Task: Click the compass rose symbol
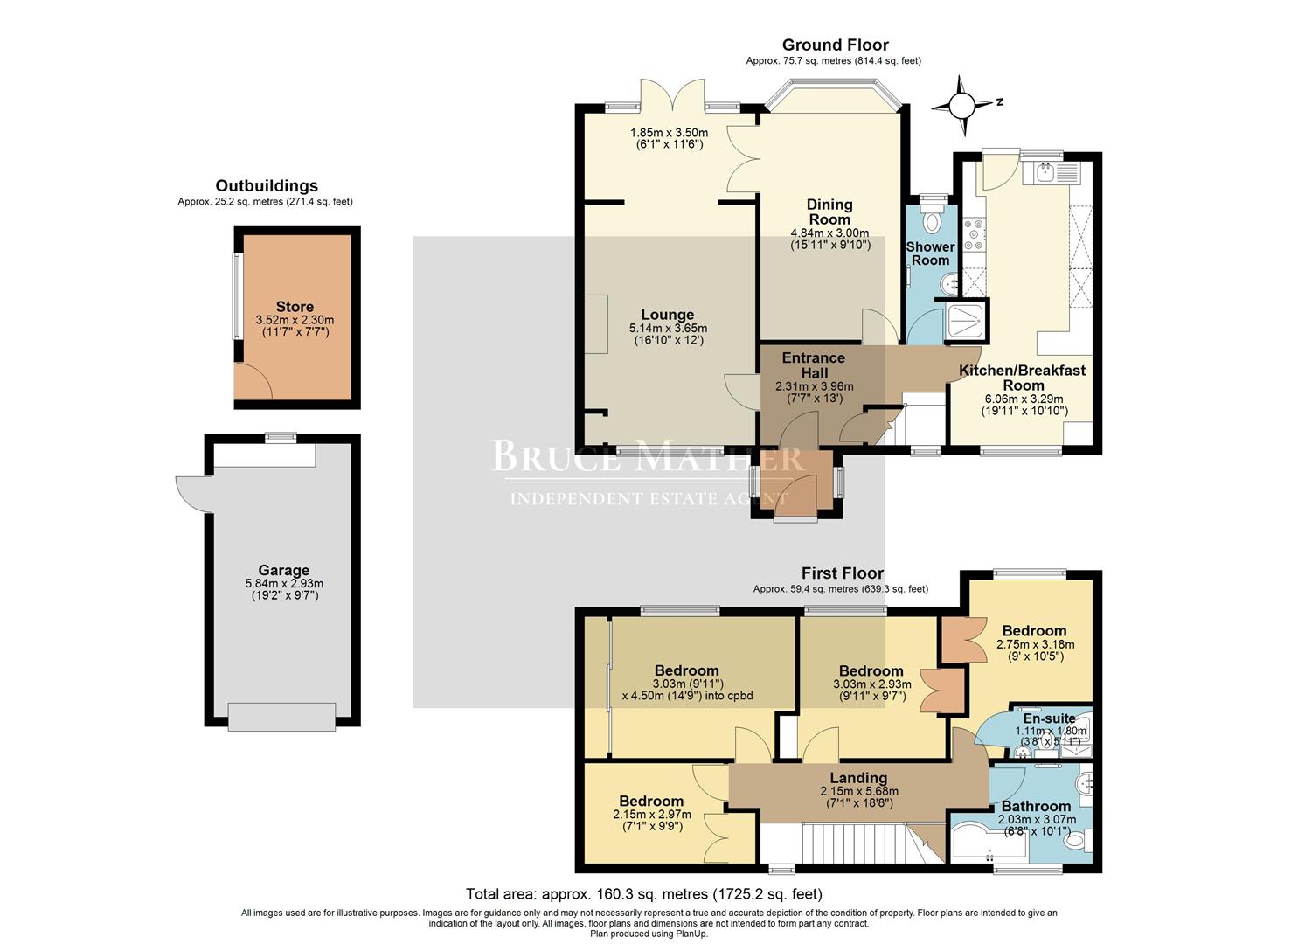(961, 106)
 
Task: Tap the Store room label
(295, 307)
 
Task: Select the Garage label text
(283, 570)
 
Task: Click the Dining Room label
(829, 212)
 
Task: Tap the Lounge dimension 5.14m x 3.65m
(668, 329)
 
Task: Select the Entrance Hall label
(813, 365)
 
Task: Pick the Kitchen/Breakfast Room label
(1023, 378)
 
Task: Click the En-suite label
(1049, 718)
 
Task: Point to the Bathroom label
(1036, 806)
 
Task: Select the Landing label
(858, 778)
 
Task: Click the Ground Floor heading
(835, 45)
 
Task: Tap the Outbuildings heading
(267, 185)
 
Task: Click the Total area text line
(643, 894)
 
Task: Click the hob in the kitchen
(974, 234)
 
